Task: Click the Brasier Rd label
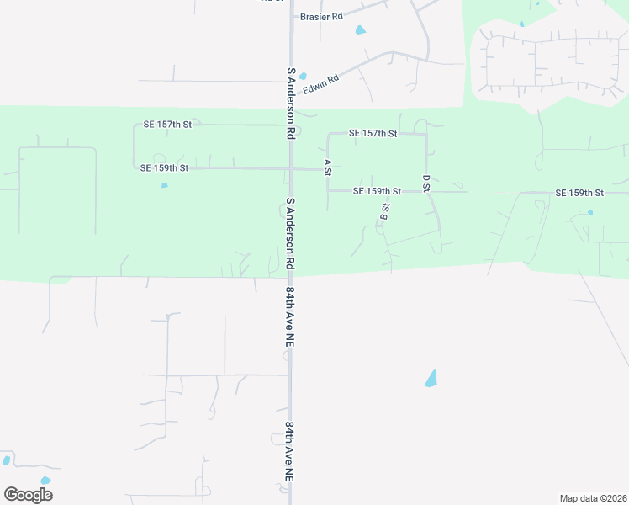click(x=322, y=16)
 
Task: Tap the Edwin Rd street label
click(x=320, y=82)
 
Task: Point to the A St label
click(x=328, y=167)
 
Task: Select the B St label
click(x=384, y=211)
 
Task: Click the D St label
click(x=426, y=183)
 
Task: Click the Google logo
click(x=28, y=494)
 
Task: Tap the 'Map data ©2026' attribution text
click(x=593, y=498)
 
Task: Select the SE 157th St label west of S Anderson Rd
click(x=167, y=125)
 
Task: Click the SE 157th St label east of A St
click(x=373, y=133)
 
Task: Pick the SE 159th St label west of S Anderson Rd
click(x=164, y=168)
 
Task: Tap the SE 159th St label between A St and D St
click(x=377, y=191)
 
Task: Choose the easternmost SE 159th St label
click(x=579, y=193)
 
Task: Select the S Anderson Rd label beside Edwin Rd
click(x=290, y=104)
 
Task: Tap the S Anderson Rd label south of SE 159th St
click(x=290, y=233)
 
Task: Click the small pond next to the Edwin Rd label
click(x=303, y=76)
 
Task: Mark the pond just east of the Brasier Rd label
click(x=361, y=30)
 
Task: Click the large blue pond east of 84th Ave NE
click(x=431, y=379)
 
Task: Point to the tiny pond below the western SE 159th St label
click(x=164, y=185)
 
